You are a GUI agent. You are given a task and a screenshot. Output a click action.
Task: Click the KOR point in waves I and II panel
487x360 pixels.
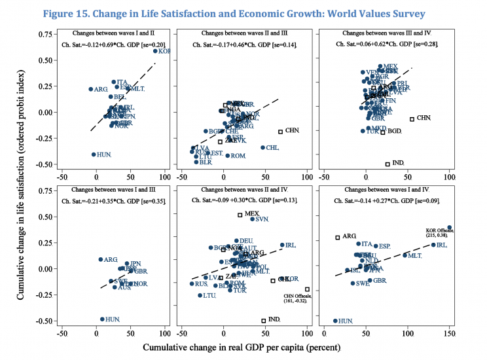point(155,51)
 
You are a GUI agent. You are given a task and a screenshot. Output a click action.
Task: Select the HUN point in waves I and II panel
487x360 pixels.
point(94,154)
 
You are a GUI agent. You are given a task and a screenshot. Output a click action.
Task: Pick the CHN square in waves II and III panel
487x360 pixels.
point(280,132)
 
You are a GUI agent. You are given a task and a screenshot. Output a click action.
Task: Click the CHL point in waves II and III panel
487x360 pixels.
point(263,147)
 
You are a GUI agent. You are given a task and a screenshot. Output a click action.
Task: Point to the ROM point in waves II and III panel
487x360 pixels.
point(228,155)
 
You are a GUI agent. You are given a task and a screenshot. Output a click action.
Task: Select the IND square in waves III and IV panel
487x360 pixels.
point(388,164)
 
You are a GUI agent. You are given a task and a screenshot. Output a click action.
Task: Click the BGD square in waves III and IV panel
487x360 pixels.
point(383,132)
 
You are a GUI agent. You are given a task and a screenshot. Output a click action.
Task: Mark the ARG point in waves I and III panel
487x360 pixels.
point(100,259)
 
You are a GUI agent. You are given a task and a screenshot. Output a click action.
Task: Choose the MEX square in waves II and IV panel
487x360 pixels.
point(240,215)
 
